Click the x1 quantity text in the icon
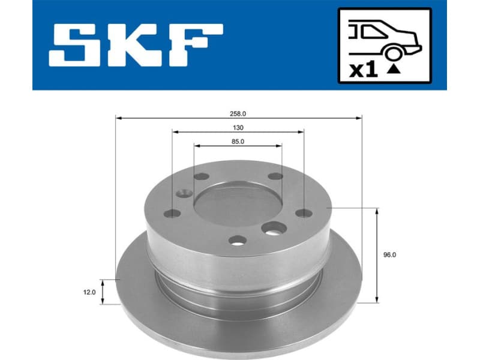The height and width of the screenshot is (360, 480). [x=363, y=70]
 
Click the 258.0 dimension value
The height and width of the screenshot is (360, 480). [x=238, y=113]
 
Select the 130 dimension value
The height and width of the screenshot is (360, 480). [x=238, y=128]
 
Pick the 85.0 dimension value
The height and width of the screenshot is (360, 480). [x=238, y=142]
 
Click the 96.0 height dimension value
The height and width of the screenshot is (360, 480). [x=389, y=254]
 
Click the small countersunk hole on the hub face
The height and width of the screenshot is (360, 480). [x=184, y=193]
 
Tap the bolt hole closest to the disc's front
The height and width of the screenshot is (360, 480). [x=237, y=241]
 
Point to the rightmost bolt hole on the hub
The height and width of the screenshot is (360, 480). [x=304, y=213]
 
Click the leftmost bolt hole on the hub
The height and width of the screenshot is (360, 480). [x=172, y=213]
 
